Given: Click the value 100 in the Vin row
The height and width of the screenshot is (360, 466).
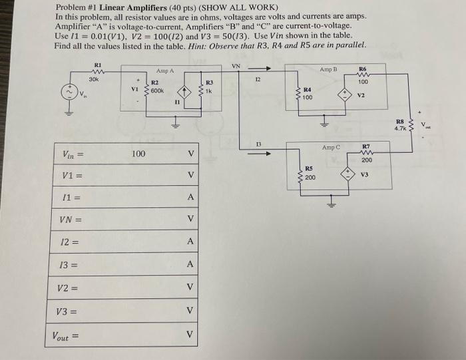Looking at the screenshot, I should tap(138, 154).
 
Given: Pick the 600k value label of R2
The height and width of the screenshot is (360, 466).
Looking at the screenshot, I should tap(157, 90).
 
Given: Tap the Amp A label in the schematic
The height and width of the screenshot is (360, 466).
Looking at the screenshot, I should tap(164, 71).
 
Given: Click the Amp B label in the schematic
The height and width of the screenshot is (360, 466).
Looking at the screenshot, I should tap(330, 69).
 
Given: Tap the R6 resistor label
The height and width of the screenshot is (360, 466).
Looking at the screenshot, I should tap(362, 69).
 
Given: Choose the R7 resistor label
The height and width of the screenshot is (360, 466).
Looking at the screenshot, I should tap(365, 145).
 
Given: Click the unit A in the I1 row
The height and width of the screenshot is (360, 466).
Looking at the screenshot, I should tap(190, 198).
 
